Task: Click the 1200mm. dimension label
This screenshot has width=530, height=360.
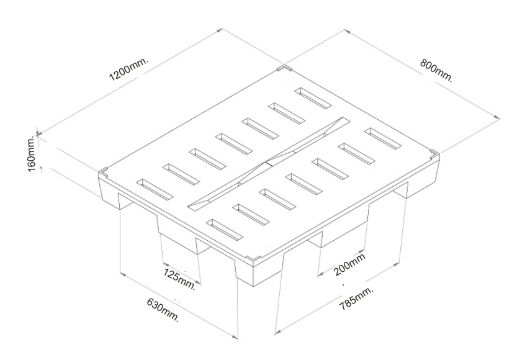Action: coord(129,70)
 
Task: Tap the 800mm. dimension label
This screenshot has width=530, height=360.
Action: coord(436,70)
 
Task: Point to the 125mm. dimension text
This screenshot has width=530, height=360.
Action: coord(180,279)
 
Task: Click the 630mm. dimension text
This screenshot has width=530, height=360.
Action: coord(162,310)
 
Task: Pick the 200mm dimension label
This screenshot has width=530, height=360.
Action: coord(349,264)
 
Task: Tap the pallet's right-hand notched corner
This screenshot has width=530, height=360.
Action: coord(434,154)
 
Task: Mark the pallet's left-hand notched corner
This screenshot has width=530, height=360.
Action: coord(103,173)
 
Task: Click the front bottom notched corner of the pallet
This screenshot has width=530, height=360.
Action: coord(253,259)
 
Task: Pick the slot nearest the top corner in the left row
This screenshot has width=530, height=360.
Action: coord(313,98)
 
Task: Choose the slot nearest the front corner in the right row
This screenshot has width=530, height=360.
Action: coord(225,230)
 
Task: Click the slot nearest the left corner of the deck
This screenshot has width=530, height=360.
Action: coord(155,189)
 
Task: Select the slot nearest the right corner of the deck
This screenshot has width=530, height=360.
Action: coord(383,138)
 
